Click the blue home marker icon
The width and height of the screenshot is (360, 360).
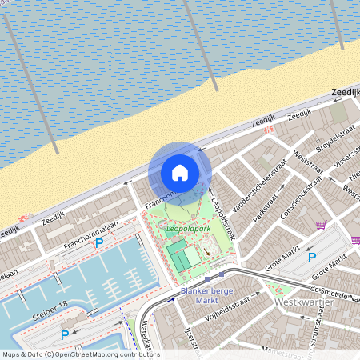[180, 173]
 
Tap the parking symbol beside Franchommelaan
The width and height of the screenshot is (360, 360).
[99, 242]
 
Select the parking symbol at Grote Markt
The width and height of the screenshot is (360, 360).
[312, 258]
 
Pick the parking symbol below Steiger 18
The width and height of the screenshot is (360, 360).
[66, 334]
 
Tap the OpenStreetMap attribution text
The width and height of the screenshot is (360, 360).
[80, 354]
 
